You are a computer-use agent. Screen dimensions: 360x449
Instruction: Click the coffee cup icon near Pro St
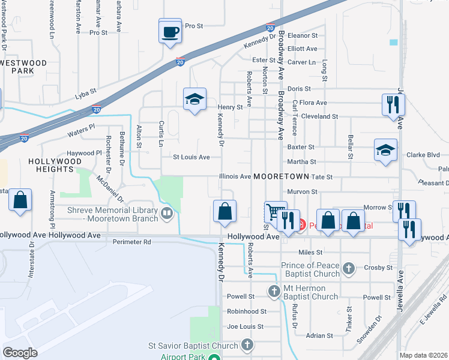[170, 31]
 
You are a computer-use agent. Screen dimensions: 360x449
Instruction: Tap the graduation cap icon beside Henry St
[194, 100]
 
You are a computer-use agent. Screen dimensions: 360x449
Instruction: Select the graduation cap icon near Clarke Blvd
[385, 151]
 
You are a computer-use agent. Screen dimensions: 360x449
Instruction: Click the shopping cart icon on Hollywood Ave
[275, 212]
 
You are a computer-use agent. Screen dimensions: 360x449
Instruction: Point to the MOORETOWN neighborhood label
[281, 177]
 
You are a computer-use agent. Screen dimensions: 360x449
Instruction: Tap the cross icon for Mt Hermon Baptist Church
[274, 292]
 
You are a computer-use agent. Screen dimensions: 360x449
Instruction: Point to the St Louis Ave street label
[191, 157]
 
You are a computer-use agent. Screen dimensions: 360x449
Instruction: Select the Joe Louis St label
[246, 327]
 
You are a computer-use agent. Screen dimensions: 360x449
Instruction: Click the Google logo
[20, 352]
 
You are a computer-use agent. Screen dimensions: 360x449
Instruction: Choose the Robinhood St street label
[246, 311]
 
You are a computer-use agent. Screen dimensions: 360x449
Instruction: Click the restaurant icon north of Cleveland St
[393, 104]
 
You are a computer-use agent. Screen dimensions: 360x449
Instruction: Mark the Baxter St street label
[301, 147]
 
